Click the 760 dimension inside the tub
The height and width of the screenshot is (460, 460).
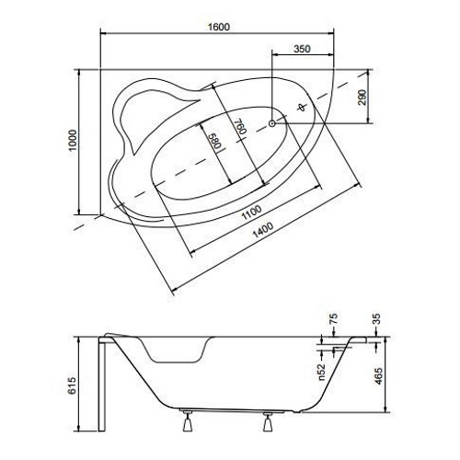pos(238,130)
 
